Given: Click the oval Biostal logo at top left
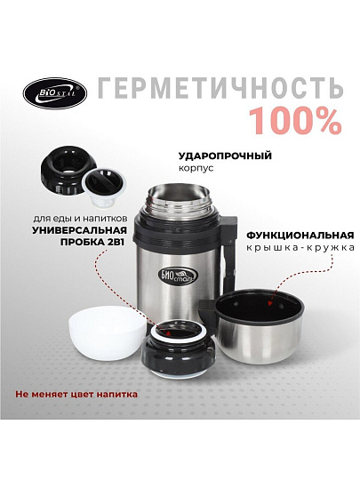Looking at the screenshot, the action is [x=55, y=93].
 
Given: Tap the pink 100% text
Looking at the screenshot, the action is [x=295, y=122].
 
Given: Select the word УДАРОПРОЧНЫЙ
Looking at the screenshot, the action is [x=225, y=156].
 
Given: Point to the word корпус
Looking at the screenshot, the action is [x=196, y=169].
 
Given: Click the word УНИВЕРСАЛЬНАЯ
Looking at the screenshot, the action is [x=79, y=230].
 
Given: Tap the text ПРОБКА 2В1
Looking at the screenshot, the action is [x=93, y=242].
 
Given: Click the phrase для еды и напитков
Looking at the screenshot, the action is [x=80, y=219].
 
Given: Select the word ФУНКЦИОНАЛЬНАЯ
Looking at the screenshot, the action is [x=300, y=236].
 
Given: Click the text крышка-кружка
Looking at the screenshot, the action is [x=300, y=247].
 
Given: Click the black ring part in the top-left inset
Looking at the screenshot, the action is [x=63, y=173].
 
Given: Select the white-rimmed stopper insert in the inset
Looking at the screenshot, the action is [x=104, y=186].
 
